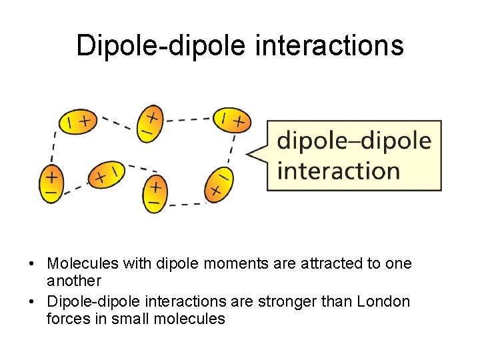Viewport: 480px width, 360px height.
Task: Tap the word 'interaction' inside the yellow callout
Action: click(x=338, y=171)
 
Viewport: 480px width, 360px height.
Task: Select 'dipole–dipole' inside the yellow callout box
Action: click(x=354, y=142)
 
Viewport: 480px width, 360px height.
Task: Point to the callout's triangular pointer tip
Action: click(x=248, y=155)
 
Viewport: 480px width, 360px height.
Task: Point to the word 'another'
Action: click(x=74, y=281)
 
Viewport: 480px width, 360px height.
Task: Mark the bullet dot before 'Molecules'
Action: click(x=32, y=264)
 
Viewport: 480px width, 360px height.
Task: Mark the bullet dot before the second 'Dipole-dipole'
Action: click(x=32, y=302)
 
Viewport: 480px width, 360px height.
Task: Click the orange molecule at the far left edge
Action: click(x=51, y=183)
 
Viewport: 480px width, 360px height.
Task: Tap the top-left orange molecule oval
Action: click(x=77, y=121)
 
